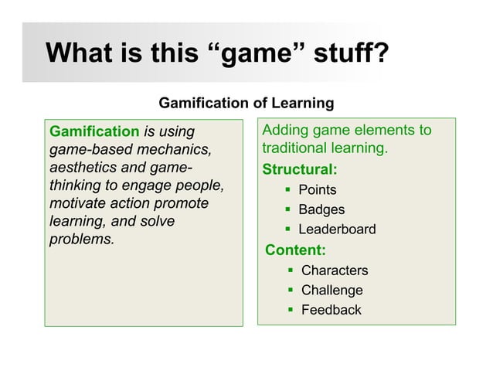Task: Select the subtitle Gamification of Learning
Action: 246,103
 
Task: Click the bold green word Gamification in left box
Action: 94,131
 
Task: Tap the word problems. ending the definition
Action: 81,240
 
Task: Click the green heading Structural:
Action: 300,169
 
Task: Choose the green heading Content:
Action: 295,250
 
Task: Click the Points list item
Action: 318,190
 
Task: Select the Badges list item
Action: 321,209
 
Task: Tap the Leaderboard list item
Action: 337,230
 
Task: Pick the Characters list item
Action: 335,270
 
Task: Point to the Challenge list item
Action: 331,291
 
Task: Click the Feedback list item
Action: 331,310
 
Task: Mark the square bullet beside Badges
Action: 287,209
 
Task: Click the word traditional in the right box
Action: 292,148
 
